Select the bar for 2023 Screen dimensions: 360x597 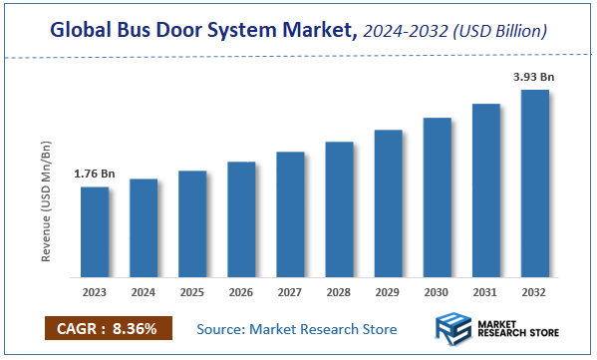(x=95, y=231)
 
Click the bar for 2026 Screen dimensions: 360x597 (x=241, y=219)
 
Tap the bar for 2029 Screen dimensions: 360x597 (x=388, y=203)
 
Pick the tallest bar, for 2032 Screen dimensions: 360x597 (x=534, y=183)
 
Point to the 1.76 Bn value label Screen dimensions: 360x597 (x=95, y=175)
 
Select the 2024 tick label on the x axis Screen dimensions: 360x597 (x=144, y=293)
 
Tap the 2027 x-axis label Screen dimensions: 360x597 (x=290, y=293)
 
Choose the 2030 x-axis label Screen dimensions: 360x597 (x=437, y=293)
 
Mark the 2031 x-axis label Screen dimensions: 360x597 (x=485, y=293)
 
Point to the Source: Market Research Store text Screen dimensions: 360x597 (x=296, y=329)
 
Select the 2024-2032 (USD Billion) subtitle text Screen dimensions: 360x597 (x=455, y=32)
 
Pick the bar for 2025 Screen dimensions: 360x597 (x=192, y=223)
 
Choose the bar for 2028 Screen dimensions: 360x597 (x=339, y=209)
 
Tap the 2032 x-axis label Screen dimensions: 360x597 (x=534, y=293)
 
